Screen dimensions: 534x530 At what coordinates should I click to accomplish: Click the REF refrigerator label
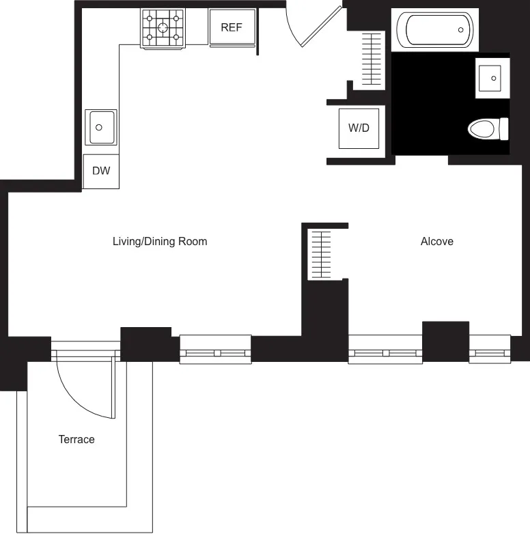coord(231,28)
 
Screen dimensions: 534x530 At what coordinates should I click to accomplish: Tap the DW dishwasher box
coord(101,171)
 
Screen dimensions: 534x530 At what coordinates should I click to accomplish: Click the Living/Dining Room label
coord(160,242)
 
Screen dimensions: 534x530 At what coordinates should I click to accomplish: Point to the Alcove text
coord(437,242)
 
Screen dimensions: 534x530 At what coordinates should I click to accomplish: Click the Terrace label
coord(76,440)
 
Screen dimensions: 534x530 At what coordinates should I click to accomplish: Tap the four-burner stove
coord(163,28)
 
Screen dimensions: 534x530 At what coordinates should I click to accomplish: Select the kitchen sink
coord(100,127)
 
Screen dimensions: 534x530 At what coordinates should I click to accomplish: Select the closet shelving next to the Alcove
coord(320,255)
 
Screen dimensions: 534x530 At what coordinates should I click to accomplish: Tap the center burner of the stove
coord(163,28)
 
